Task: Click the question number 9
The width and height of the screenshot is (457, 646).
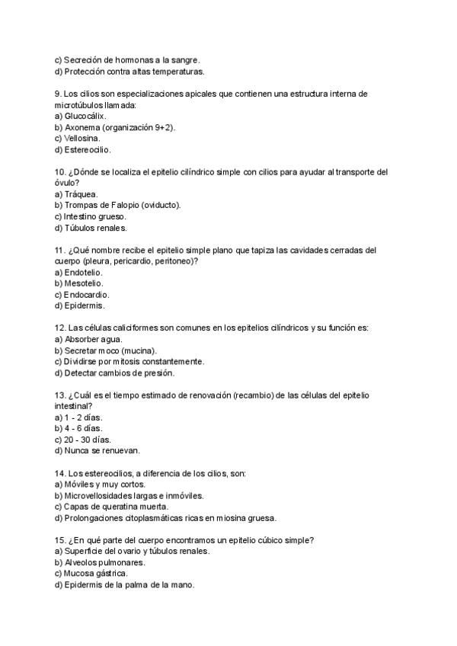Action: point(58,94)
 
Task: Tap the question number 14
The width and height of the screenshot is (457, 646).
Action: point(60,473)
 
